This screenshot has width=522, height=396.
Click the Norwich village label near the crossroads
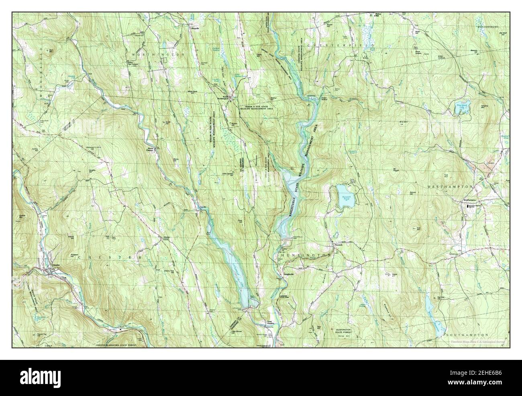coord(335,246)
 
